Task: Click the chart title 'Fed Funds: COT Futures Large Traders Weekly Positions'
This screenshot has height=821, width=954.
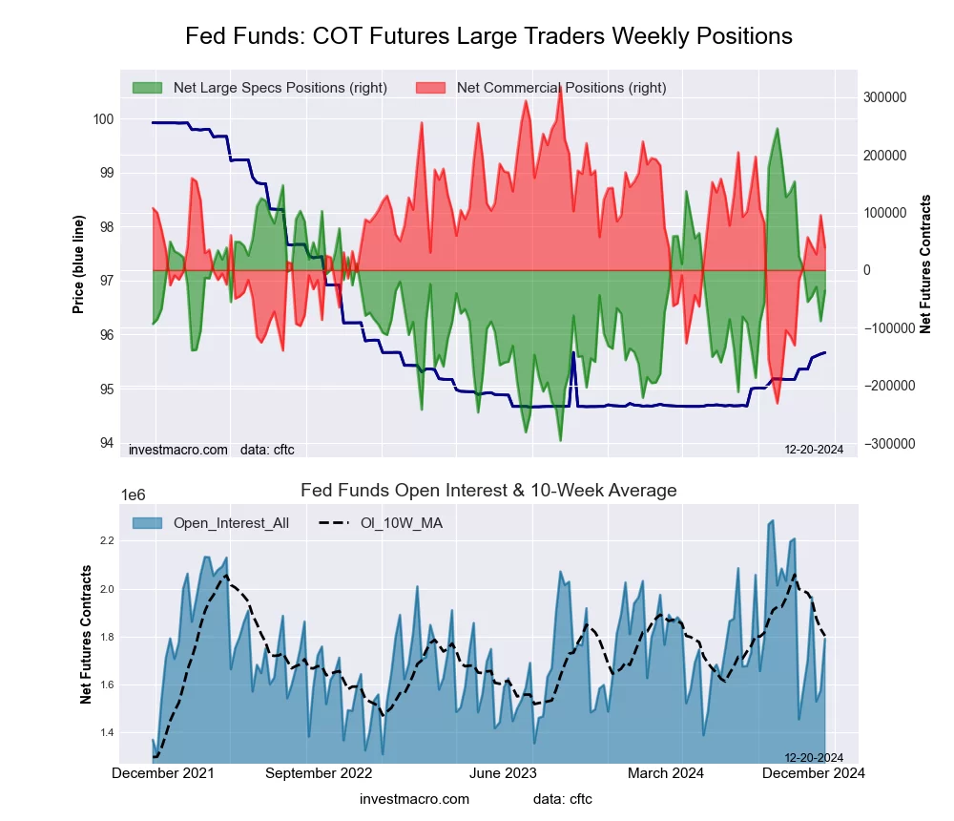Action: coord(488,36)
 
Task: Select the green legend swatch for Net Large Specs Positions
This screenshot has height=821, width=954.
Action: coord(148,88)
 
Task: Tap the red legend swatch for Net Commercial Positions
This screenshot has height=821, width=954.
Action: coord(431,88)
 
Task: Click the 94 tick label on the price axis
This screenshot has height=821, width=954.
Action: coord(106,443)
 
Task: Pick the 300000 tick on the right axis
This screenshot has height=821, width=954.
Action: coord(884,97)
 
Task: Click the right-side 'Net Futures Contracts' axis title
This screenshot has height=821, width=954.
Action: coord(924,264)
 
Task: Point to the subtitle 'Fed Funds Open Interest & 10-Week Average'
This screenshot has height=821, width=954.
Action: coord(488,491)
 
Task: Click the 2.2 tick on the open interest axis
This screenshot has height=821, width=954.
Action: coord(105,540)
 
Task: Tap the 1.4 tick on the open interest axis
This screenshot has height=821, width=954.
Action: coord(105,733)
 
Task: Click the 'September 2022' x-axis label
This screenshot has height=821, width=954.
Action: coord(318,774)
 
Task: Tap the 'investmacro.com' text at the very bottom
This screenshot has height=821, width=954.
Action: coord(414,799)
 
